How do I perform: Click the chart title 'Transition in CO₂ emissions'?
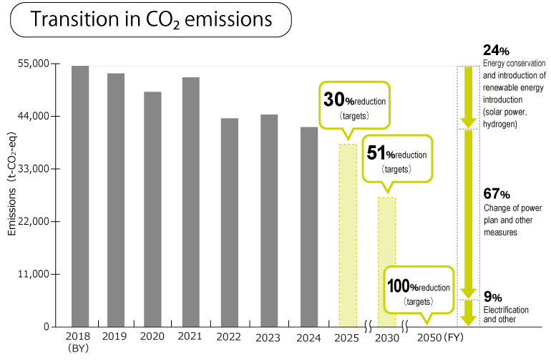click(x=151, y=20)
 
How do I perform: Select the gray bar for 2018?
click(x=80, y=196)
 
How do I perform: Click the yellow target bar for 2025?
click(x=348, y=235)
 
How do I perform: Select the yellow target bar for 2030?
click(x=386, y=262)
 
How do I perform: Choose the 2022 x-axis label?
click(x=230, y=336)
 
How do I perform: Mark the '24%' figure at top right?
click(x=496, y=50)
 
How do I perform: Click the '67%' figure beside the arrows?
click(x=496, y=194)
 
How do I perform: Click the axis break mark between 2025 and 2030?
click(x=366, y=327)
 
